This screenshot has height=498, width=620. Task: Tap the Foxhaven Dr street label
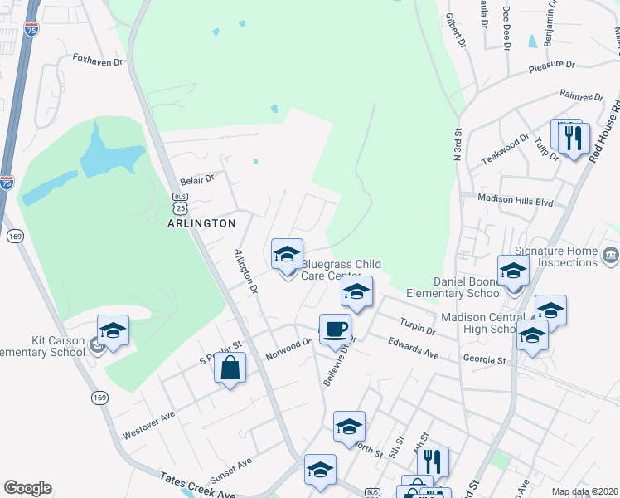click(x=98, y=61)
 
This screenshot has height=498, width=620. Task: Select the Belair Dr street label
click(x=198, y=178)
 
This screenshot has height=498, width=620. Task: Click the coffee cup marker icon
click(x=335, y=329)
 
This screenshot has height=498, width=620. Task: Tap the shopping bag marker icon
click(x=230, y=368)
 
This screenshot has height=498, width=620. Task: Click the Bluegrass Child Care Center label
click(x=341, y=270)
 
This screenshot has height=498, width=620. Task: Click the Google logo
click(x=27, y=488)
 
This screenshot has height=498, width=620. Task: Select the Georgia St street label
click(x=485, y=361)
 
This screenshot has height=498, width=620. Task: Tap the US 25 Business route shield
click(x=182, y=203)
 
